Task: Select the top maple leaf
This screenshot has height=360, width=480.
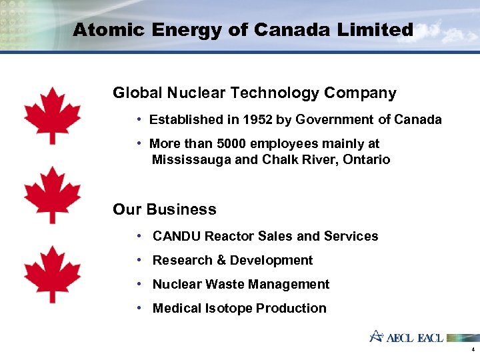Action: click(52, 115)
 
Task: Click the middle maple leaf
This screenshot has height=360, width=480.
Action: click(52, 195)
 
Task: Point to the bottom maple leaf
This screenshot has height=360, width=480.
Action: click(52, 274)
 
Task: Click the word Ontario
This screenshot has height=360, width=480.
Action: click(367, 160)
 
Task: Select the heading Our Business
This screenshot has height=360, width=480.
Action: click(165, 209)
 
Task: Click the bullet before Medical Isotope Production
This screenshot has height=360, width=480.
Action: click(137, 308)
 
